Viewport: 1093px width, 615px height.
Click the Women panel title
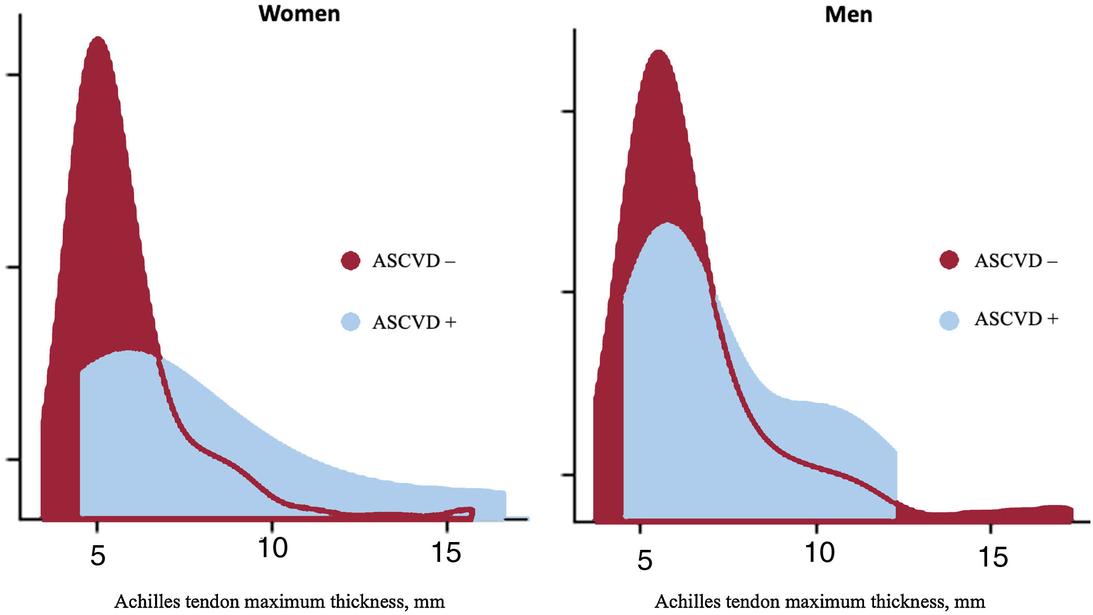[x=299, y=14]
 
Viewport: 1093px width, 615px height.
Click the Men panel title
[x=848, y=15]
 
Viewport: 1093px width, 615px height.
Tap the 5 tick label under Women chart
[x=98, y=556]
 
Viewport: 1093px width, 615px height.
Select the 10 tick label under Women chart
[x=272, y=548]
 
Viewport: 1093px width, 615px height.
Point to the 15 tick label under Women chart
[x=446, y=552]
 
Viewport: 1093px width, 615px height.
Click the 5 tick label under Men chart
[x=645, y=560]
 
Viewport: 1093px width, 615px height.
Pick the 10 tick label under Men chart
[x=819, y=552]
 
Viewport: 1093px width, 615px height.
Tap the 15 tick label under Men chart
[x=993, y=557]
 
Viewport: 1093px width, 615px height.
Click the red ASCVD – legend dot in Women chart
[x=350, y=261]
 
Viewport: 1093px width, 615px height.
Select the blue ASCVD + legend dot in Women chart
[x=350, y=322]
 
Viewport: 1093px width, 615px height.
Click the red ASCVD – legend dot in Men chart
[x=949, y=260]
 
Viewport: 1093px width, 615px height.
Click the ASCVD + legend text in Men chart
[x=1016, y=318]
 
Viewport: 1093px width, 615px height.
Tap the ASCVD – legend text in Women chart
[x=414, y=261]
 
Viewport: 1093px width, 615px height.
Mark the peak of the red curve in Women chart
[x=98, y=39]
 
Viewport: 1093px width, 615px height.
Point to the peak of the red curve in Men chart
[x=659, y=52]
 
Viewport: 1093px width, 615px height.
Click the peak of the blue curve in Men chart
[x=667, y=224]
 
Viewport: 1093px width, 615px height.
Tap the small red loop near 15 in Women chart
[x=461, y=513]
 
